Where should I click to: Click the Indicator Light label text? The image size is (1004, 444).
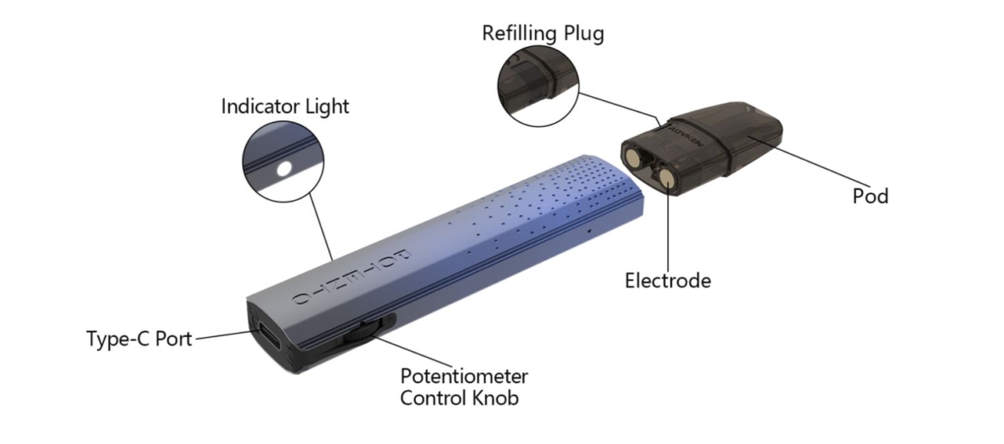pos(285,107)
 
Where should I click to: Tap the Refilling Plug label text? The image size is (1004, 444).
pos(542,33)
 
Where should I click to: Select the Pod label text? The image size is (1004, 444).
pos(870,196)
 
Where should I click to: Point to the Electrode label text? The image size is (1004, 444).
pos(668,280)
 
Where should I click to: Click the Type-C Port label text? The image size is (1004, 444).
pos(139,339)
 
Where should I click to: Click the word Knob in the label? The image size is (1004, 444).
pos(495,397)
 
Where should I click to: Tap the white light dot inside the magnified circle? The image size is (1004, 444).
pos(284,168)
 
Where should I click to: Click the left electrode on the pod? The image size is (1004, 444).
pos(638,156)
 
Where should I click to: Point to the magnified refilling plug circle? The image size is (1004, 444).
pos(535,87)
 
